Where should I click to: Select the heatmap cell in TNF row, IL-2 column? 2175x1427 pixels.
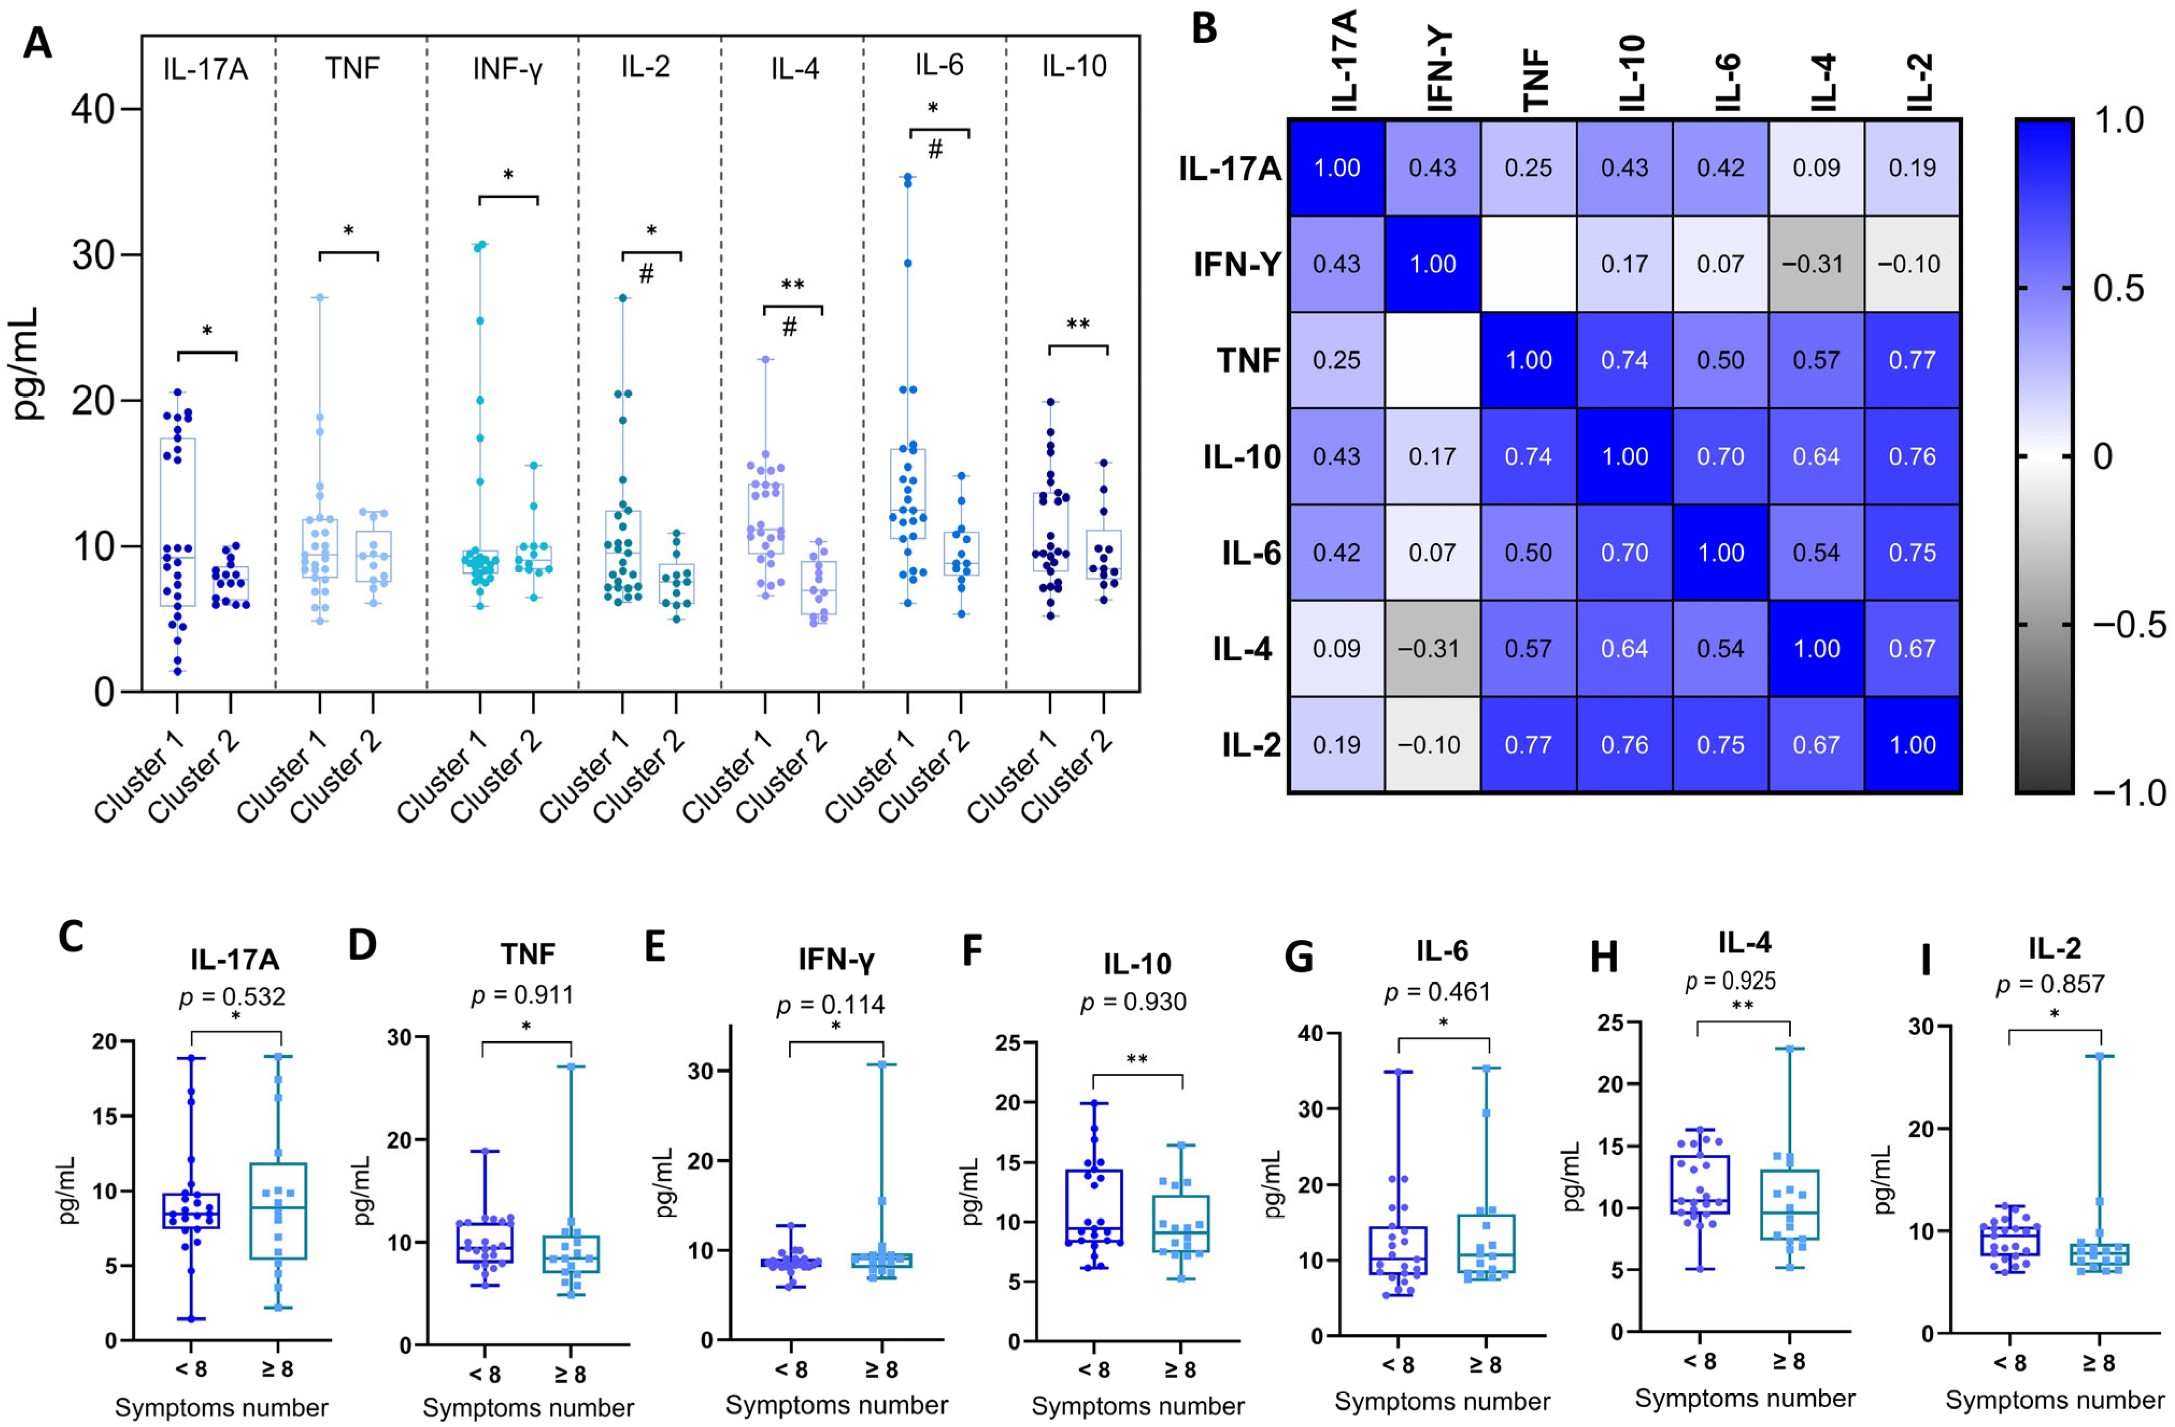point(1912,360)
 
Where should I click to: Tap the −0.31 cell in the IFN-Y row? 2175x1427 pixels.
point(1816,264)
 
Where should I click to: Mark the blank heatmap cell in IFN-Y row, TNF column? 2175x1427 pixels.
point(1528,264)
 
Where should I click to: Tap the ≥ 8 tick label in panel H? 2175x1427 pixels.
point(1788,1361)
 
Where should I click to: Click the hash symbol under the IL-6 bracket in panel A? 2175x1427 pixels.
point(935,151)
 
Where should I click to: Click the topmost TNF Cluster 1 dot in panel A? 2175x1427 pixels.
point(320,297)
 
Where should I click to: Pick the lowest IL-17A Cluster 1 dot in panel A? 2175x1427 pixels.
point(177,672)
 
